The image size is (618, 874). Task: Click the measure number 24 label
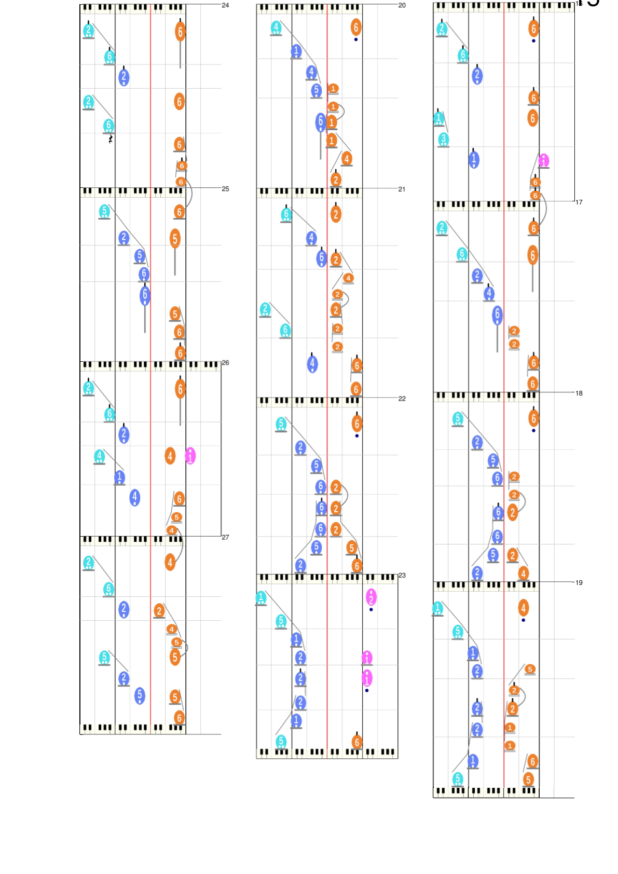(x=225, y=5)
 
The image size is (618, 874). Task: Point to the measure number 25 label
(x=225, y=189)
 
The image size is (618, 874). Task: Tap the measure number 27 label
(x=225, y=537)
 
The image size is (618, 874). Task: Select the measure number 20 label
(x=402, y=5)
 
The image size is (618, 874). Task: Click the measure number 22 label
(x=402, y=399)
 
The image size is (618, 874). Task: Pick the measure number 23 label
(x=402, y=575)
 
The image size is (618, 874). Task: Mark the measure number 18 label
(x=579, y=393)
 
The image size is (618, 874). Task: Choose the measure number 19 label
(x=579, y=582)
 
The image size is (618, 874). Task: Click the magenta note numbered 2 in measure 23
(x=371, y=597)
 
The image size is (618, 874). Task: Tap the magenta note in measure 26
(x=190, y=456)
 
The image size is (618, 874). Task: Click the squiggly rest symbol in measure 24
(x=111, y=139)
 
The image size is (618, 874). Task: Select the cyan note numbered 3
(x=443, y=139)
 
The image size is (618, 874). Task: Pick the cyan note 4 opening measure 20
(x=276, y=27)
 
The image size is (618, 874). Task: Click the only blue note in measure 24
(x=123, y=77)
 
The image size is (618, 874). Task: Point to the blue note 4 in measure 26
(x=135, y=497)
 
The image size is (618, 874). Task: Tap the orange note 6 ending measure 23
(x=356, y=742)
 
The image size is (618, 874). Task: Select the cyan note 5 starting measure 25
(x=104, y=211)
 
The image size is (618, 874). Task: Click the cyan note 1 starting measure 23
(x=261, y=597)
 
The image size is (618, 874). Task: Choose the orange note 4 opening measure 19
(x=524, y=607)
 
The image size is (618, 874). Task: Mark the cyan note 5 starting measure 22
(x=281, y=424)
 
